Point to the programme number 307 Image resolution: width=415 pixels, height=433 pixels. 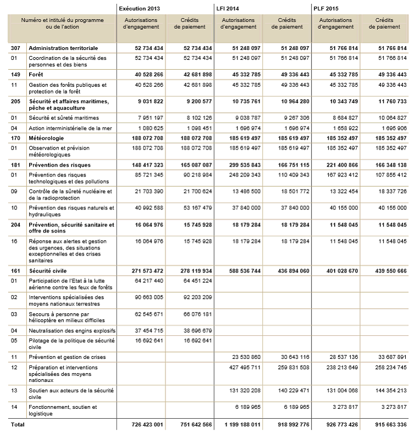point(15,48)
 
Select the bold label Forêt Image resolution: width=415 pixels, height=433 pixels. point(36,74)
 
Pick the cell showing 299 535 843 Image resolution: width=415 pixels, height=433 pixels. point(242,165)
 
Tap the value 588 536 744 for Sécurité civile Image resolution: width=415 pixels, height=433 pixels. point(242,271)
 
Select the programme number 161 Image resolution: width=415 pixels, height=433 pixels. point(15,271)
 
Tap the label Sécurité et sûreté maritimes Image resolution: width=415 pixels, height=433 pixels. point(64,117)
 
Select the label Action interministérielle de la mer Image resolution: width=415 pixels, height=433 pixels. point(71,127)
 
